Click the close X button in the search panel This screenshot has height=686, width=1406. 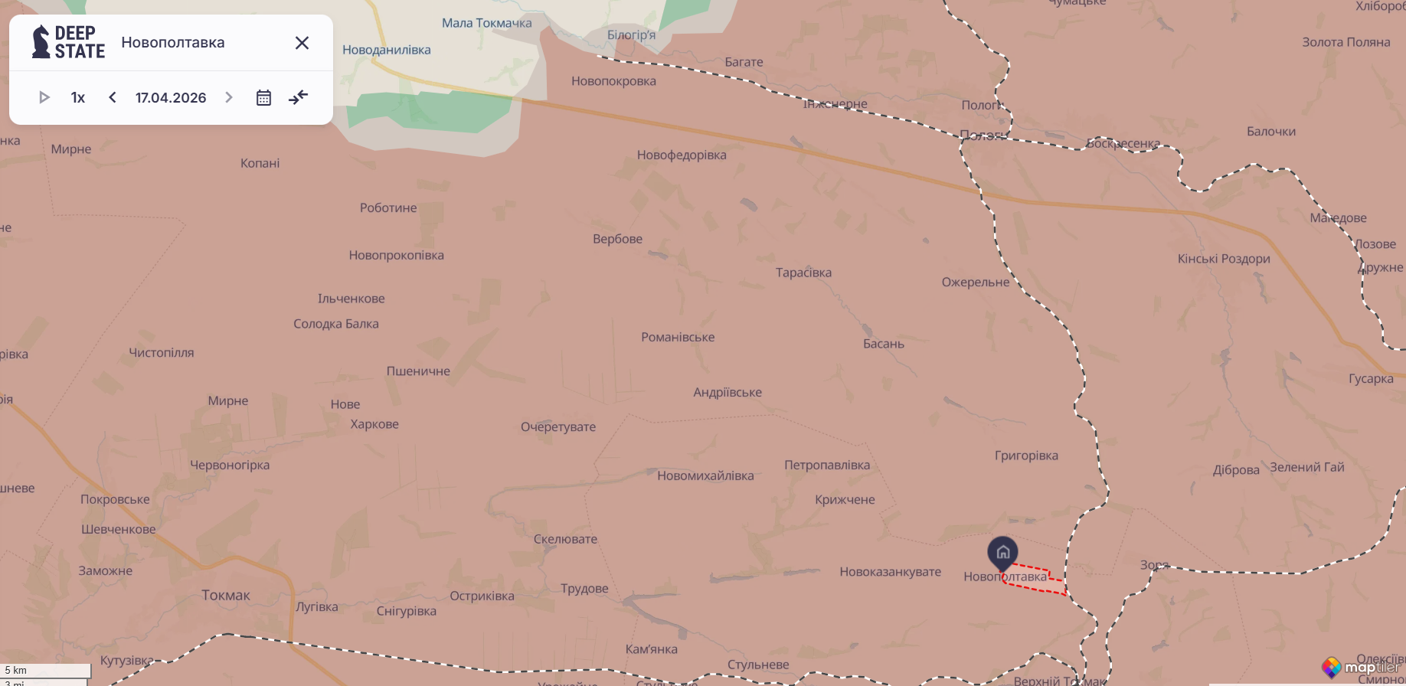[302, 43]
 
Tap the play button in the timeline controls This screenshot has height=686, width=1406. [44, 97]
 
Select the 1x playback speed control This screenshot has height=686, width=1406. [78, 97]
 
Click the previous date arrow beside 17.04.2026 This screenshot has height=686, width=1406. [113, 97]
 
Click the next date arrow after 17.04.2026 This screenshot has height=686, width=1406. [228, 97]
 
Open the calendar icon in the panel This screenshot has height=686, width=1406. [263, 97]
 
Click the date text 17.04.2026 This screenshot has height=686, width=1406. [171, 97]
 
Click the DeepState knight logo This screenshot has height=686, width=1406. [41, 42]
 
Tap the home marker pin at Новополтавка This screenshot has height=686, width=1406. [1002, 551]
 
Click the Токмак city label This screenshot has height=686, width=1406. [226, 595]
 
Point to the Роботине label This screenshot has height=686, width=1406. [388, 207]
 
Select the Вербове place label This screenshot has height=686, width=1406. [617, 239]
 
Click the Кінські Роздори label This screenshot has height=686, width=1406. [1224, 259]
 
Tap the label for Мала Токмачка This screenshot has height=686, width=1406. [486, 23]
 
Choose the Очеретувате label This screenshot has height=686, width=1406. [558, 426]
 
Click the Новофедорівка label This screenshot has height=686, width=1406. [682, 155]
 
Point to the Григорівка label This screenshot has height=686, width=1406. [1026, 456]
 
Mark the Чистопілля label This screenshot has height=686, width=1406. [162, 352]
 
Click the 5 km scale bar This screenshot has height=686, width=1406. [46, 671]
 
